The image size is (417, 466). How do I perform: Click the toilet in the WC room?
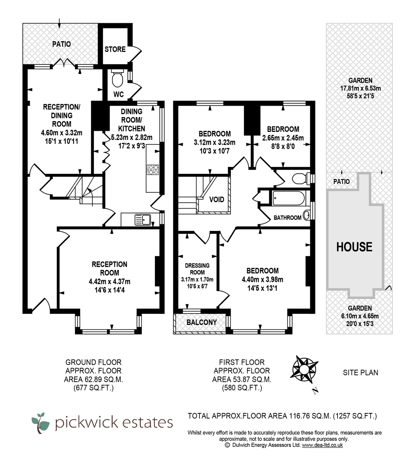(117, 78)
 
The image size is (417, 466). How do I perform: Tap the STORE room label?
(115, 49)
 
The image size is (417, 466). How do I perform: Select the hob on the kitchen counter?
(153, 169)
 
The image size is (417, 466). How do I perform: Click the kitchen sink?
(142, 220)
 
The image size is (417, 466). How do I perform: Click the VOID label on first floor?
(216, 200)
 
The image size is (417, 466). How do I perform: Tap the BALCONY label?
(201, 322)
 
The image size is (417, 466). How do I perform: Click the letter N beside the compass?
(314, 391)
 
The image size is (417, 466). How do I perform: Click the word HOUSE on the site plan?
(354, 247)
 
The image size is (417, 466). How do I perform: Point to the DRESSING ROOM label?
(197, 269)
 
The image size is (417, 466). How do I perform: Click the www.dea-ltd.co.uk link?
(322, 445)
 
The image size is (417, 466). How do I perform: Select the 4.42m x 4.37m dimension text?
(109, 281)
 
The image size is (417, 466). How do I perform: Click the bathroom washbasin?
(306, 215)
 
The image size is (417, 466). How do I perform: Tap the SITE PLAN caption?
(360, 372)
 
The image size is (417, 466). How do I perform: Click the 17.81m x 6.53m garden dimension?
(360, 88)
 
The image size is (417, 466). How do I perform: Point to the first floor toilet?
(299, 179)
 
